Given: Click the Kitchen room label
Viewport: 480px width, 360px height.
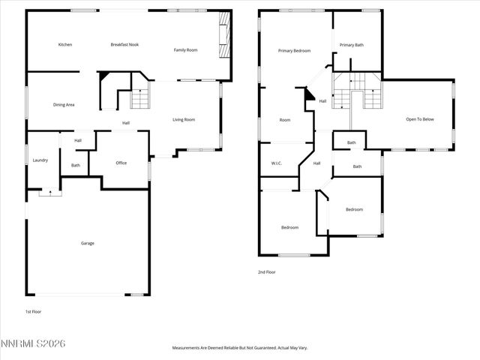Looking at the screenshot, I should [x=65, y=45].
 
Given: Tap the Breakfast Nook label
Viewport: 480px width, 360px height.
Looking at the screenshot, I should [x=124, y=45].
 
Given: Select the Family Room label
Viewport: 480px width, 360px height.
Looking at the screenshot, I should [x=185, y=49].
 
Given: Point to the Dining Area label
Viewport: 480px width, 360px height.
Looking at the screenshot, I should [x=64, y=105].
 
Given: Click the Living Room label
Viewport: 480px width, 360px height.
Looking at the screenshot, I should [x=184, y=120].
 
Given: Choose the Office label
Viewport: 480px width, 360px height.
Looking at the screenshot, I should [x=121, y=163].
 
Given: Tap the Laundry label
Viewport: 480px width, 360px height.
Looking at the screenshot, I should [x=40, y=160].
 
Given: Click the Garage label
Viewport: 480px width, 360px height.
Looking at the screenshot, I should [x=88, y=243].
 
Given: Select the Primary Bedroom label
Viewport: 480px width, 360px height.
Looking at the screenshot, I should [x=294, y=50].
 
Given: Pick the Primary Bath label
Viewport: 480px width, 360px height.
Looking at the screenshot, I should [x=352, y=45].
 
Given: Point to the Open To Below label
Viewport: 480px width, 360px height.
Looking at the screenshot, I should [x=420, y=119].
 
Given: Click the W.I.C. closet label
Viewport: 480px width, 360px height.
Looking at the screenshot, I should [x=276, y=163].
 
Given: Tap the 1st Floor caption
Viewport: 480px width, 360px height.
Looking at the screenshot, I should [x=33, y=310].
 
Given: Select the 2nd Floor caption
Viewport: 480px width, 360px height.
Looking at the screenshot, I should [x=266, y=272].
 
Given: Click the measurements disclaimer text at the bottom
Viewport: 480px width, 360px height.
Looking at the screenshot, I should [x=240, y=348].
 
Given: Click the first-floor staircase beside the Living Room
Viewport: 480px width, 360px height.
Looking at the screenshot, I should [x=140, y=99].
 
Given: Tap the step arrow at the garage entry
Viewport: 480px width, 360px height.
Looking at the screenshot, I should [x=50, y=192].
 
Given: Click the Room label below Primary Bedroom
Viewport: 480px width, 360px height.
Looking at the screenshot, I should [x=285, y=120].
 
